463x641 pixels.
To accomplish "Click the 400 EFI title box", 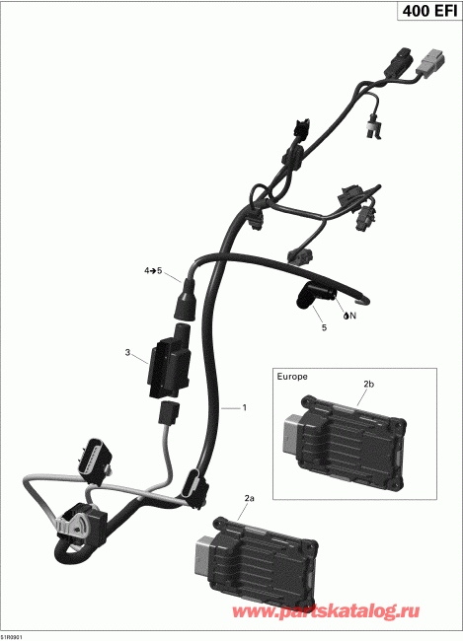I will (x=426, y=14).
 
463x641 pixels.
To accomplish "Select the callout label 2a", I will (x=250, y=499).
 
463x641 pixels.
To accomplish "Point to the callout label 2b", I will (x=369, y=383).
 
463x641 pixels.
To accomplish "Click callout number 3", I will (x=127, y=352).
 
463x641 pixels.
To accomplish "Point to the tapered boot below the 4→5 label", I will (x=186, y=296).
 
